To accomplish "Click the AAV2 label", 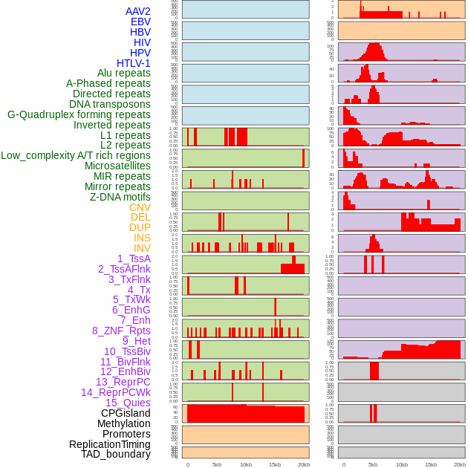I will click(x=138, y=11).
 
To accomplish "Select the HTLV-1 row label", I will click(x=134, y=63).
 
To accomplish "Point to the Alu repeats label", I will click(x=124, y=73).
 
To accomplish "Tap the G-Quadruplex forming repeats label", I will click(x=79, y=114).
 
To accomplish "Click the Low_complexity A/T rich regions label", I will click(x=76, y=155).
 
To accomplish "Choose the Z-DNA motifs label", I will click(x=120, y=197).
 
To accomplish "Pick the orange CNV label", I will click(x=140, y=207).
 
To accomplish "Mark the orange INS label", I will click(x=142, y=238).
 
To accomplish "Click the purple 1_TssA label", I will click(x=134, y=259).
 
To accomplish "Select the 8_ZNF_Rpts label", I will click(x=121, y=331).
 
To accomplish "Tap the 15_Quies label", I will click(x=128, y=403).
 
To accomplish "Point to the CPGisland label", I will click(x=126, y=413).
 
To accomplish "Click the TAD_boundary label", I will click(x=116, y=454).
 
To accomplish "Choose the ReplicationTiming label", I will click(x=110, y=444).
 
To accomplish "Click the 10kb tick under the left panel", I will click(x=246, y=464).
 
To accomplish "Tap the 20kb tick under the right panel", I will click(x=459, y=464).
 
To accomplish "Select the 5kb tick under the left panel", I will click(x=217, y=464).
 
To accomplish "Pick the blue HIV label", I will click(x=142, y=42).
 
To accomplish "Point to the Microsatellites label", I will click(x=117, y=166).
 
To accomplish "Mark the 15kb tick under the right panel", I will click(x=430, y=464).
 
